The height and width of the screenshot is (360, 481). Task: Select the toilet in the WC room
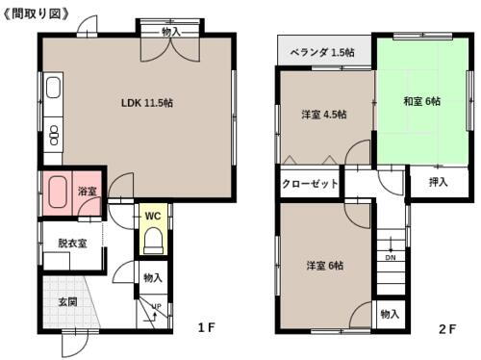tap(152, 242)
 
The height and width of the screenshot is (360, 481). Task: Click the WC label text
tap(152, 216)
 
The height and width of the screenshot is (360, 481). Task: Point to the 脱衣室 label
tap(72, 244)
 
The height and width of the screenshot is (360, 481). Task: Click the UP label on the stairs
tap(155, 306)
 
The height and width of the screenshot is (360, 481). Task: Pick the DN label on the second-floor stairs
tap(390, 258)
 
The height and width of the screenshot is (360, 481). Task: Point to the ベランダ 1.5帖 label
tap(322, 53)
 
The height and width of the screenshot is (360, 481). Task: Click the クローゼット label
tap(310, 182)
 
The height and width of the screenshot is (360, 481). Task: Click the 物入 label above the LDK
tap(170, 32)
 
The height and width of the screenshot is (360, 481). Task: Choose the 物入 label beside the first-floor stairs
tap(152, 279)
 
